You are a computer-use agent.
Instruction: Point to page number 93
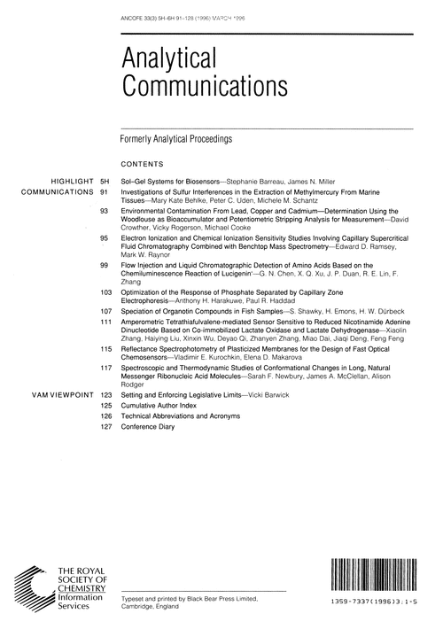[x=104, y=213]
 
